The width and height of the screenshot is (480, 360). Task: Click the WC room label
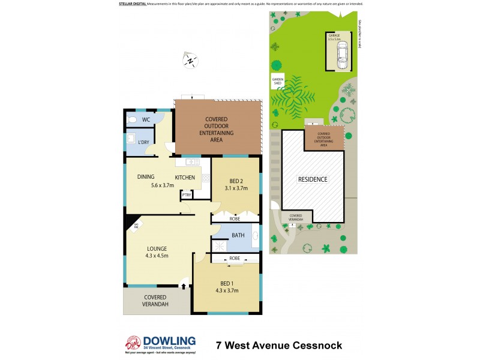[146, 120]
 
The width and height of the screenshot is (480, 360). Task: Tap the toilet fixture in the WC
[132, 120]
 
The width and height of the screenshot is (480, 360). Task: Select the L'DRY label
[144, 142]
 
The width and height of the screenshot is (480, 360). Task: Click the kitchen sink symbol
[193, 161]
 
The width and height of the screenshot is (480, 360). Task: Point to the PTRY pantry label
[187, 194]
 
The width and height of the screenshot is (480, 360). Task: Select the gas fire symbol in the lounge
[136, 225]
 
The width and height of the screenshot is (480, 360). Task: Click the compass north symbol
[190, 60]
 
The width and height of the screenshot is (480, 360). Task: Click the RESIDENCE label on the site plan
[313, 179]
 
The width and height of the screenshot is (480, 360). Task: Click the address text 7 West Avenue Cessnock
[279, 345]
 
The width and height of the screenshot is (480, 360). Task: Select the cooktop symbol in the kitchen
[205, 178]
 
